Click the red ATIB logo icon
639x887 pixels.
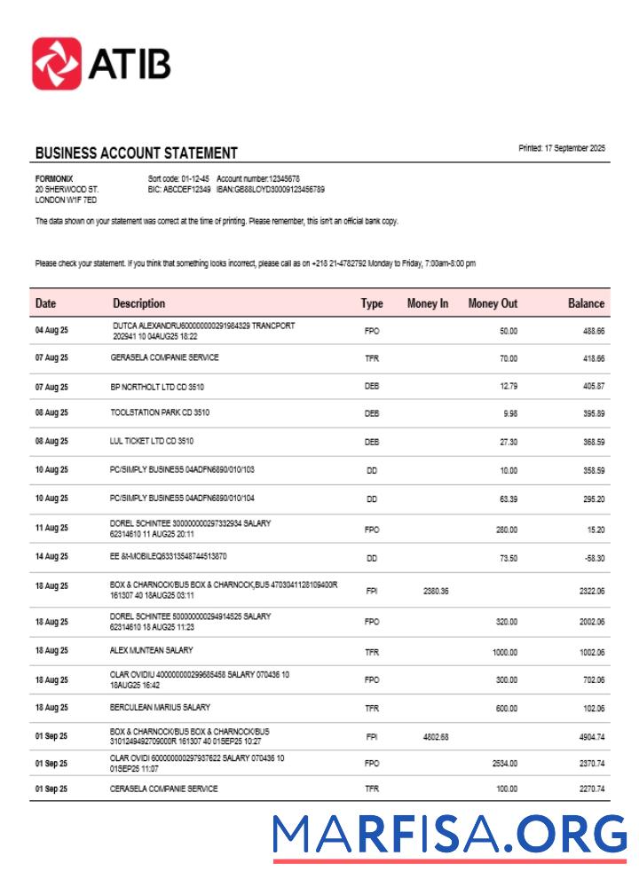coord(57,63)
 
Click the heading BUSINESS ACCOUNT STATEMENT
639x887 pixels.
coord(136,153)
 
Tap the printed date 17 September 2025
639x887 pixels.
coord(562,148)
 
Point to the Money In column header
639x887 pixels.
coord(427,303)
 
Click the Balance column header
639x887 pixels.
coord(586,303)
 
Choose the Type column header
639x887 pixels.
coord(372,303)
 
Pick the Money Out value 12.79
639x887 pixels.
coord(508,386)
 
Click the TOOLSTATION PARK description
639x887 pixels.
coord(160,412)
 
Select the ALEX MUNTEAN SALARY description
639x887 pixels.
coord(151,650)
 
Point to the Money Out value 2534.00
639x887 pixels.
coord(503,763)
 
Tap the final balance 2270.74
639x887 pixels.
coord(588,789)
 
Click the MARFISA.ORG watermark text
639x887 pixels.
coord(449,835)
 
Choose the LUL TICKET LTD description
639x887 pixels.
coord(152,441)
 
